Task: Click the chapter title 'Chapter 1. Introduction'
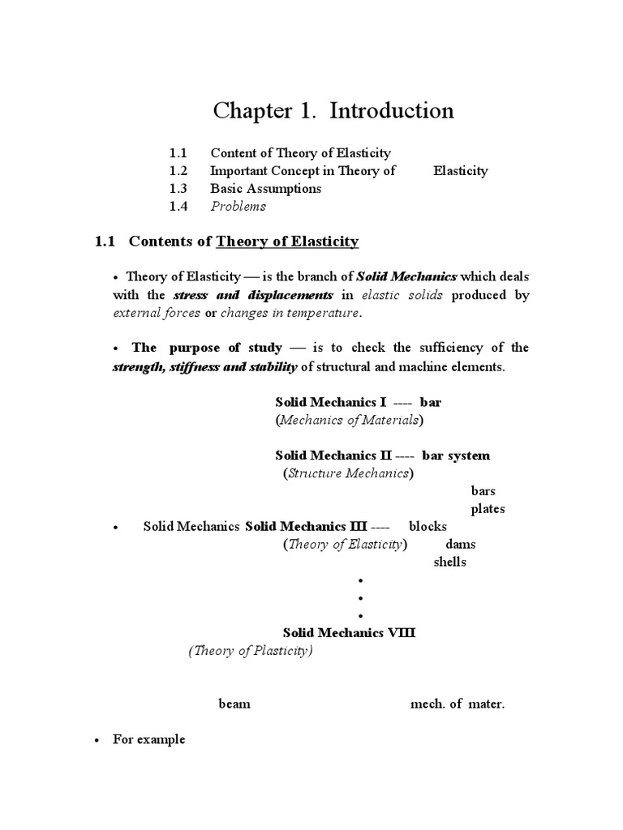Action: coord(333,111)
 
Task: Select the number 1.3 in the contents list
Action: coord(178,189)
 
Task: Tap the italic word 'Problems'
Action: coord(238,207)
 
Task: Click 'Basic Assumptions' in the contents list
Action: coord(265,189)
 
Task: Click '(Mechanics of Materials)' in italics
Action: coord(350,421)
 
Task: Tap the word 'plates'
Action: coord(488,509)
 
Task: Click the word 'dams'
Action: coord(461,545)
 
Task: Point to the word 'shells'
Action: coord(450,563)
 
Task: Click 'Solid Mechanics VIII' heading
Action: coord(349,633)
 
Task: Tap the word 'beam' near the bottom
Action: coord(234,704)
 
